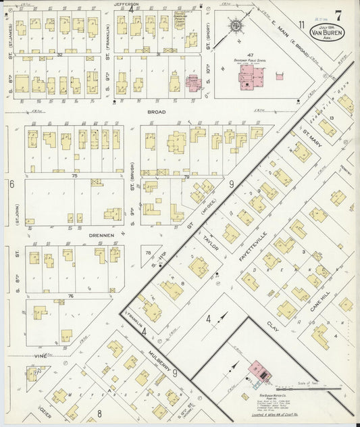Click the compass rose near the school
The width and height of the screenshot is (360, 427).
(x=236, y=26)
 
